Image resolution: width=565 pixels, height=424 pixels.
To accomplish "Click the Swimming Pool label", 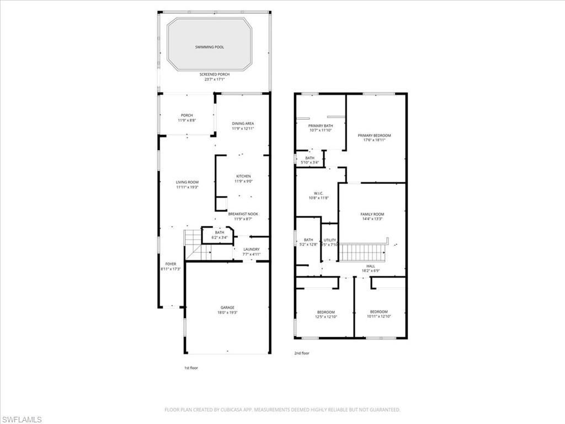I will tap(210, 47).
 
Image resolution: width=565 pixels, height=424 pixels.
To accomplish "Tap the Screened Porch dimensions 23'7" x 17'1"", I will tap(215, 79).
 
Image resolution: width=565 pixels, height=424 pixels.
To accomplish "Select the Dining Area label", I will tap(243, 124).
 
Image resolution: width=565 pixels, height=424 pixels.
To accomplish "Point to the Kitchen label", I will tap(243, 177).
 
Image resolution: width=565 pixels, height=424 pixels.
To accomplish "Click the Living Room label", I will tap(187, 182).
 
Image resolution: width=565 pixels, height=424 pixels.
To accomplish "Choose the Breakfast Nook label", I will tap(243, 214).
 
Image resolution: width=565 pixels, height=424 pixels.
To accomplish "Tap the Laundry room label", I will tap(251, 250).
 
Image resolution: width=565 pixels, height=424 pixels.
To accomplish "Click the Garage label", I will tap(228, 308).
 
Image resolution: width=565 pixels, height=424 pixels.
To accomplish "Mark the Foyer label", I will tap(170, 264).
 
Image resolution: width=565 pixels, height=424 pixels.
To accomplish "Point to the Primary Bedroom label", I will tap(374, 136).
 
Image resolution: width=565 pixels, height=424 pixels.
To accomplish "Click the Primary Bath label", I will tap(321, 126).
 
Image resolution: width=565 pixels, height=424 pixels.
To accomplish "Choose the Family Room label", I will tap(372, 214).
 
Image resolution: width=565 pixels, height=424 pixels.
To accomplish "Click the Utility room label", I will tap(330, 240).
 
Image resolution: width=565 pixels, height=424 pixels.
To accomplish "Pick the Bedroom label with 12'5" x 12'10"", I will tap(326, 312).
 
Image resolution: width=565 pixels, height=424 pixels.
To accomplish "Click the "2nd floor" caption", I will tap(302, 353).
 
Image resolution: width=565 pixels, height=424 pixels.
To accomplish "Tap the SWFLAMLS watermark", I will tap(22, 419).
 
